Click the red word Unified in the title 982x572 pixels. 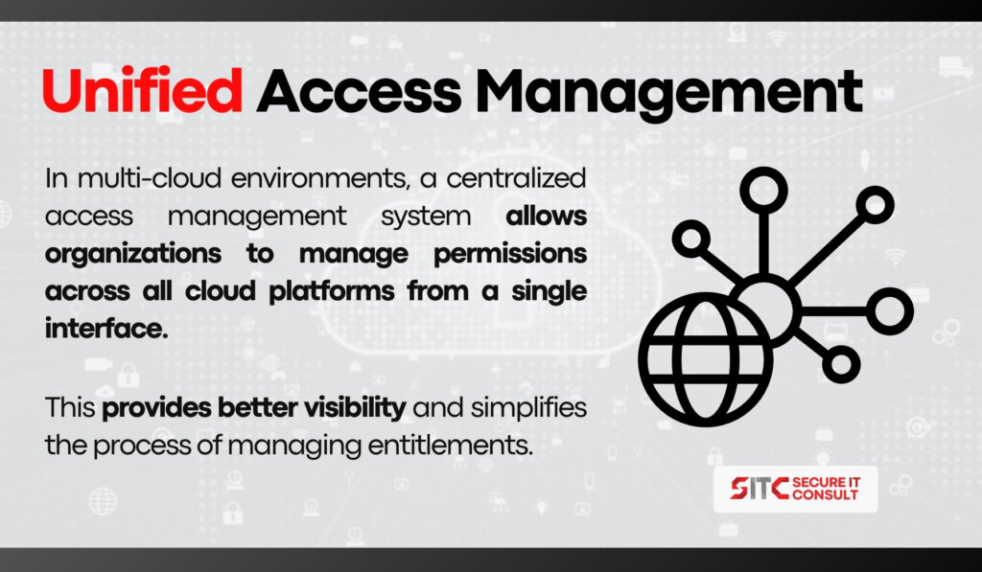click(142, 91)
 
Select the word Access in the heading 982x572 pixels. click(359, 92)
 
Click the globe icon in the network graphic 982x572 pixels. click(705, 359)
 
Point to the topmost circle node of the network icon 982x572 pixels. click(763, 191)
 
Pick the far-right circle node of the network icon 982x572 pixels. click(890, 311)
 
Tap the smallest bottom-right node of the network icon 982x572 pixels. click(841, 364)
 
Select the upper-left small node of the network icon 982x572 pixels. click(690, 239)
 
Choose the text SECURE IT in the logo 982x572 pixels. click(826, 482)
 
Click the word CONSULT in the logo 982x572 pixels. click(825, 494)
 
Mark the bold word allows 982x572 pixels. click(547, 217)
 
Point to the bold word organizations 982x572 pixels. click(133, 255)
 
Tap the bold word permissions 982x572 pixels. click(510, 255)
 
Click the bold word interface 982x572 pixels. click(106, 329)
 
